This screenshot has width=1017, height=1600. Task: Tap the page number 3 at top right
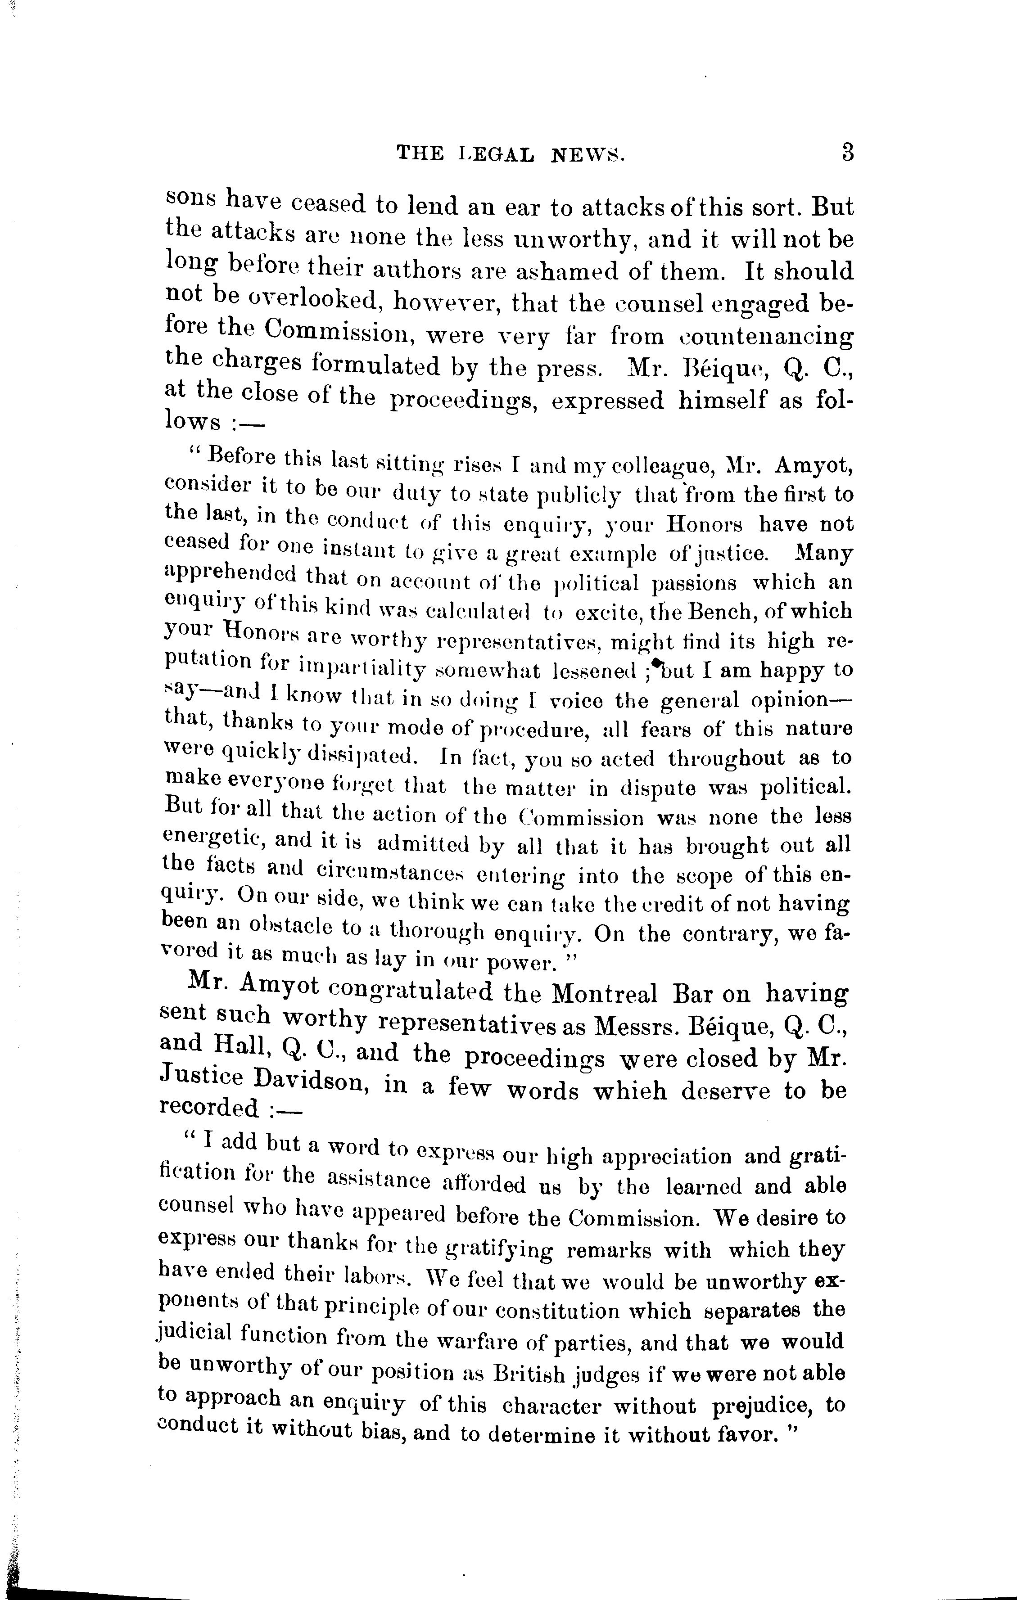pos(847,153)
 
